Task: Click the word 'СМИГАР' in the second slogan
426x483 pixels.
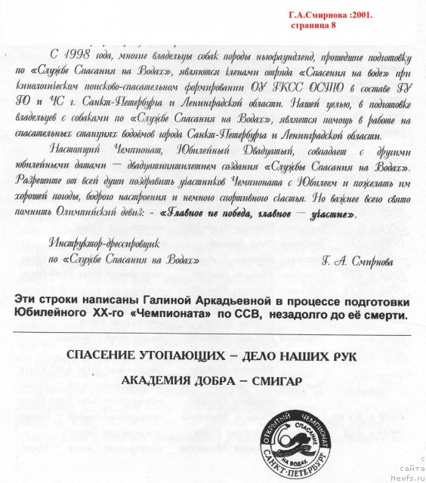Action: [x=274, y=381]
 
